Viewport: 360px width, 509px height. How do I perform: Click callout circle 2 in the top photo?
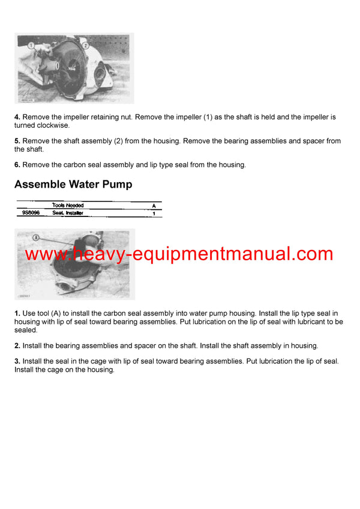tap(85, 45)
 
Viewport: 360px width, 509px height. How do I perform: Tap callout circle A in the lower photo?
tap(37, 237)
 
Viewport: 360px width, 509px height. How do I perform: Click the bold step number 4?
tap(17, 118)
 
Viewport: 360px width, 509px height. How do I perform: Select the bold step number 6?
tap(17, 165)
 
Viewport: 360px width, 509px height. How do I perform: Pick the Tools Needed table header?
tap(68, 206)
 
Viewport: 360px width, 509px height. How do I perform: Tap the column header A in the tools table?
tap(154, 206)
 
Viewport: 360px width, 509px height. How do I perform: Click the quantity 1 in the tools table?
tap(154, 213)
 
